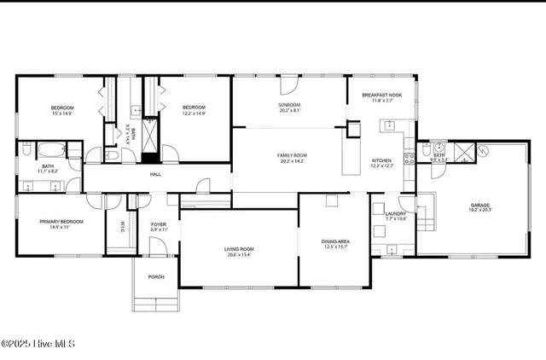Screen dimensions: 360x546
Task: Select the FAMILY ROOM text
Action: click(290, 154)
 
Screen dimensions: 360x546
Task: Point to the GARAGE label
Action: click(479, 205)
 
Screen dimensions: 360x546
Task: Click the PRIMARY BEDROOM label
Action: click(59, 222)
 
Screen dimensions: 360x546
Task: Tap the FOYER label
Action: click(159, 224)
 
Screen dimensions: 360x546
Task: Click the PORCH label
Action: click(156, 276)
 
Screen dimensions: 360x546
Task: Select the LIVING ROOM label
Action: click(239, 248)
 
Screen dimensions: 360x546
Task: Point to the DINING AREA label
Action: click(334, 241)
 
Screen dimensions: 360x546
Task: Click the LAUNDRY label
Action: click(395, 214)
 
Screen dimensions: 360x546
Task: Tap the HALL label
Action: click(155, 174)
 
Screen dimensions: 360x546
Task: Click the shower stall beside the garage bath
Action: click(462, 154)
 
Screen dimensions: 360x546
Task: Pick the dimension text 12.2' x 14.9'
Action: click(194, 113)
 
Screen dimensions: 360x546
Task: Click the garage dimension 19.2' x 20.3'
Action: click(479, 210)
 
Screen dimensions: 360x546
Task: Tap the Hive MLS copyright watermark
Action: click(38, 344)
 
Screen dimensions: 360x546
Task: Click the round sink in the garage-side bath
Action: click(439, 147)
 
